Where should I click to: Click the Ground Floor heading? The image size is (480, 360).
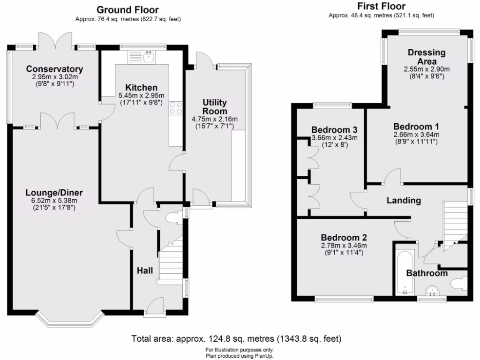click(x=127, y=10)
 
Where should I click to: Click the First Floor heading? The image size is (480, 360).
click(x=381, y=6)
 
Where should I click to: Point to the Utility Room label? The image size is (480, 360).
click(x=215, y=107)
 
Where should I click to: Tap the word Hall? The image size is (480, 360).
click(x=144, y=270)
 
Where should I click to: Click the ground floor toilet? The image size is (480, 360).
click(x=172, y=219)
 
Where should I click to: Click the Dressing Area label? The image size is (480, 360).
click(x=427, y=57)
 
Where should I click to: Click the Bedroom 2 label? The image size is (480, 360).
click(x=344, y=237)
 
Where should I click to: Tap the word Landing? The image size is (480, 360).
click(x=404, y=201)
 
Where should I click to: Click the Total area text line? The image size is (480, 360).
click(x=236, y=338)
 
